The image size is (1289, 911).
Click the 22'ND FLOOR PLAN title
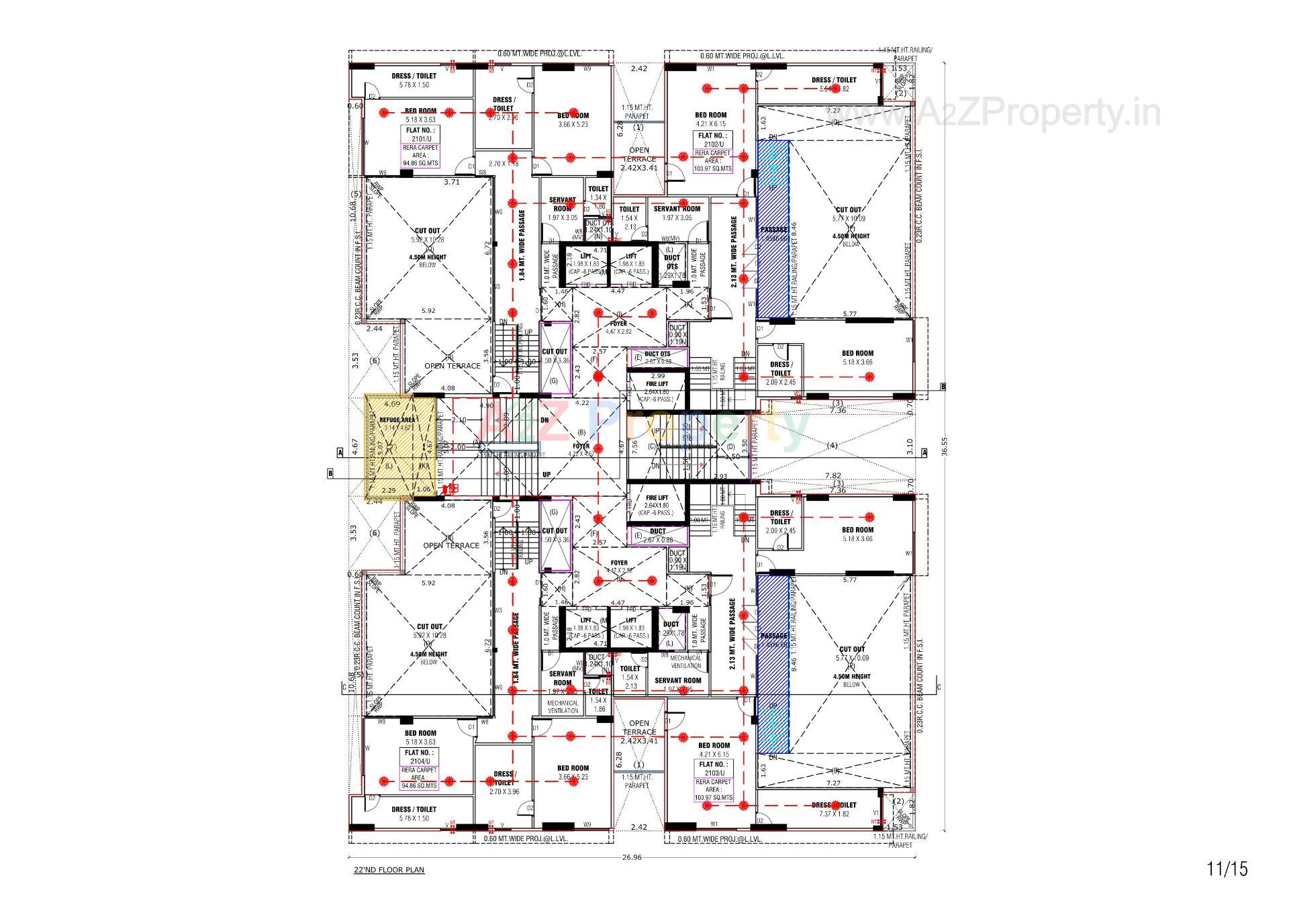(x=389, y=870)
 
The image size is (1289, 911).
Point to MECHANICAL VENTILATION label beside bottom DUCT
(x=685, y=662)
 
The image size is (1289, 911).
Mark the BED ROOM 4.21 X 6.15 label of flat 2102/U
(x=711, y=119)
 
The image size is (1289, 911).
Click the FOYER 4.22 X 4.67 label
(x=581, y=449)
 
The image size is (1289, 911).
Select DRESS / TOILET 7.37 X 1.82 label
(x=833, y=809)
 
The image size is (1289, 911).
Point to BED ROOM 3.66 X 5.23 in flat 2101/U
(x=573, y=119)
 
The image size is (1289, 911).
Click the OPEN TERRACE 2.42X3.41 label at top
(x=639, y=159)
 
